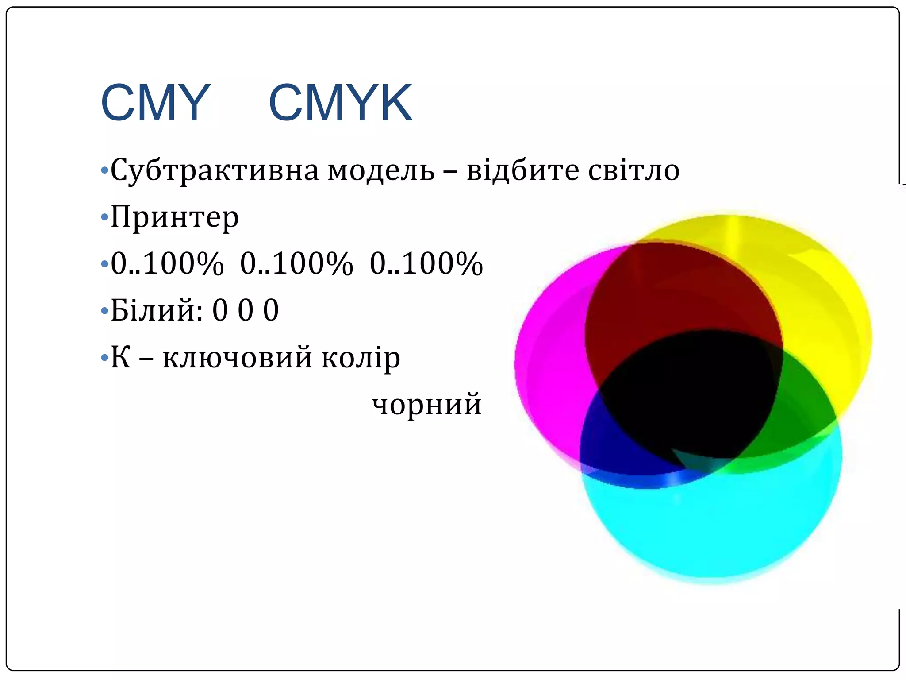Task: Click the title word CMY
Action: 155,103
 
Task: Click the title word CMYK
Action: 340,103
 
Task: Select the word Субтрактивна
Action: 215,170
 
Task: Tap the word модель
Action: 381,170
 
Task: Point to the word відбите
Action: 522,170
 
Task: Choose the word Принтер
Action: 175,217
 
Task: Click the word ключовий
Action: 238,358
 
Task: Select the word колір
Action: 361,358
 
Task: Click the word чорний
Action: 426,404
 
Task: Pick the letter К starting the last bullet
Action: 120,358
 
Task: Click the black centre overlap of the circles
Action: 690,394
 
